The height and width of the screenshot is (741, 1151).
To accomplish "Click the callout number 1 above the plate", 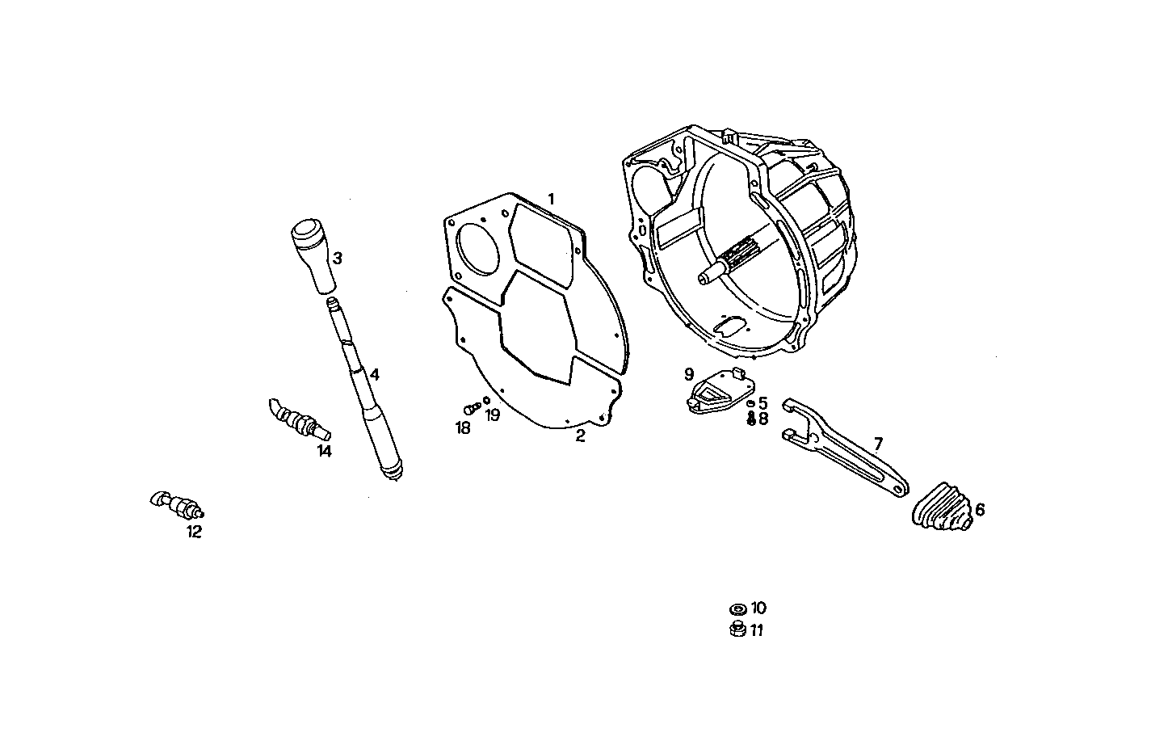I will pos(551,198).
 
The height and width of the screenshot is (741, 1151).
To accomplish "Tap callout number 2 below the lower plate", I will pos(580,436).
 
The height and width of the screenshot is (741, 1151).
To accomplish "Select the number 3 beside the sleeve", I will pos(338,259).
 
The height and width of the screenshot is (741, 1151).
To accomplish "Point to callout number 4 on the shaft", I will pos(374,375).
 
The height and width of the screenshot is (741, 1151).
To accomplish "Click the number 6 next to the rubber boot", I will pos(980,510).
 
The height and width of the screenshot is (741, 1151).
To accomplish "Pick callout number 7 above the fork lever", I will pos(877,443).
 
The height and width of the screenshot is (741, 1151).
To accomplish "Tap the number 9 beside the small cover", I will pos(689,374).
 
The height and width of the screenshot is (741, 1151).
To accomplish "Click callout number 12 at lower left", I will pos(194,532).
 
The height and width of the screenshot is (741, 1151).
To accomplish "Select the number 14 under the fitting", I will pos(324,451).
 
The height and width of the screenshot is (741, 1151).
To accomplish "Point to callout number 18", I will pos(463,428).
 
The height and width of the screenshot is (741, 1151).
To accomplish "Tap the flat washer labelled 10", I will pos(737,608).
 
